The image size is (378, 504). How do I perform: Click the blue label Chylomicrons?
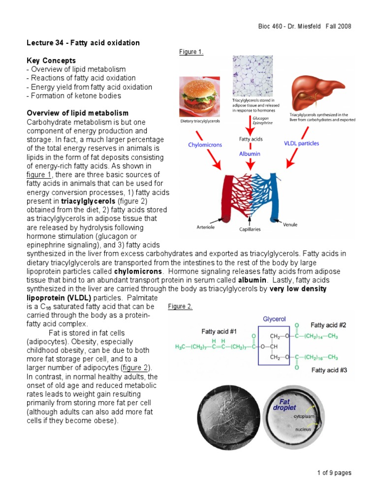tap(205, 145)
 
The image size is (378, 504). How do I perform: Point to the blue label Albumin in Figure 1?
tap(250, 154)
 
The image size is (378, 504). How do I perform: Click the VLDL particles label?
tap(301, 144)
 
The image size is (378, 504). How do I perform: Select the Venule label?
tap(290, 225)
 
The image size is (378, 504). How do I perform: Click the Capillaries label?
tap(251, 229)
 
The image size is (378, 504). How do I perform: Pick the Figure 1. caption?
tap(191, 52)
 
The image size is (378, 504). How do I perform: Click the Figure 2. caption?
tap(180, 307)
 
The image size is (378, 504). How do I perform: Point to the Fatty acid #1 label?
tap(219, 331)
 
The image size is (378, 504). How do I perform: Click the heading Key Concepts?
tap(51, 60)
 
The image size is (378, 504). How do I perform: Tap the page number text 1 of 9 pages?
tap(334, 473)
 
